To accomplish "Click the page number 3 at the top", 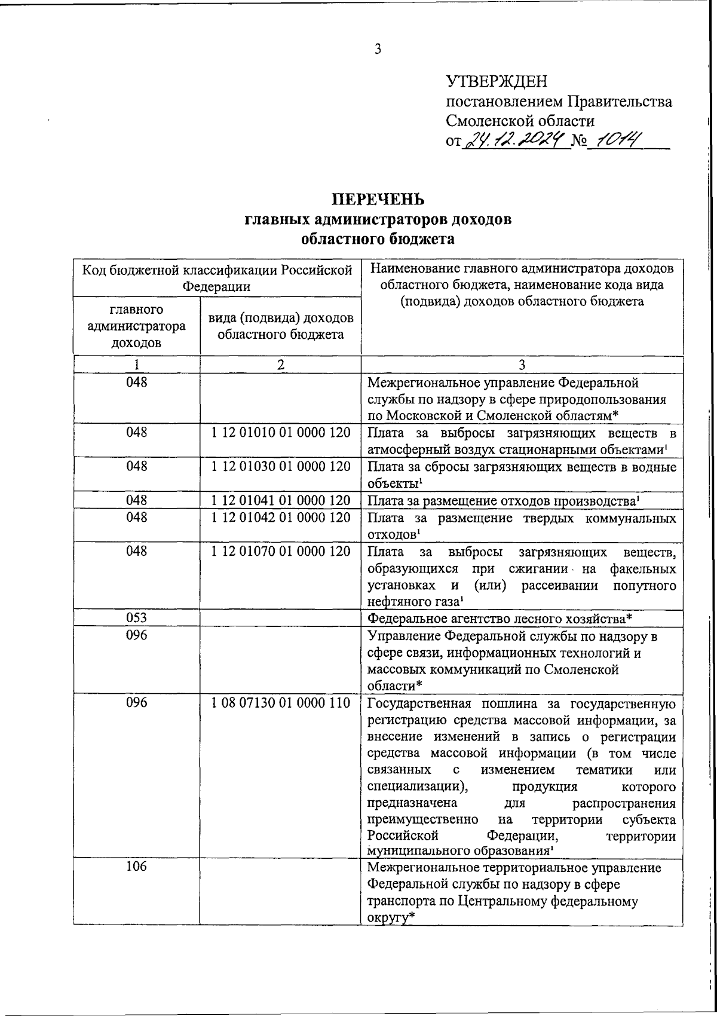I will [378, 49].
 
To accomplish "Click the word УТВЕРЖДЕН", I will [497, 81].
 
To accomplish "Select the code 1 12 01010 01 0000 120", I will [280, 432].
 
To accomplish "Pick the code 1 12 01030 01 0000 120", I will [280, 466].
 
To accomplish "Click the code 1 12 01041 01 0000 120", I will [280, 500].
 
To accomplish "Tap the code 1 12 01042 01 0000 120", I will [280, 517].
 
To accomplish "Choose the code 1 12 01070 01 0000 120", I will [280, 551].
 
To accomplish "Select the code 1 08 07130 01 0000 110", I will [280, 703].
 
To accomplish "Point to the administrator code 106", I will [136, 867].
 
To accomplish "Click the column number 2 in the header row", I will [280, 365].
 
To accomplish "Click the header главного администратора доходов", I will [136, 326].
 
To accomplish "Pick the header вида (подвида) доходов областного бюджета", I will [280, 326].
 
